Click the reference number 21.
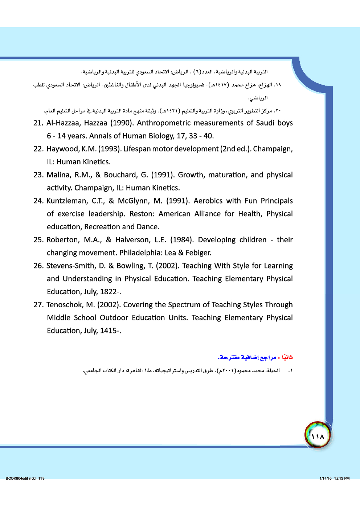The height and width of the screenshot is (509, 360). coord(38,123)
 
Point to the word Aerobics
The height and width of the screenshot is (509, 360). coord(208,201)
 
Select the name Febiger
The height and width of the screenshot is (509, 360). coord(198,253)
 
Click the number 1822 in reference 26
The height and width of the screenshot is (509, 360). coord(108,292)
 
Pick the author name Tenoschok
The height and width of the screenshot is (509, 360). coord(65,305)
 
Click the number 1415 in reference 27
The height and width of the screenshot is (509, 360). coord(108,331)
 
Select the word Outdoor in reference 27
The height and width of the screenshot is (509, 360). coord(114,318)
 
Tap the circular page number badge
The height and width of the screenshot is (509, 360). coord(318,435)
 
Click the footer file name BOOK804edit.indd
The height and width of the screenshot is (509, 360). coord(21,478)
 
